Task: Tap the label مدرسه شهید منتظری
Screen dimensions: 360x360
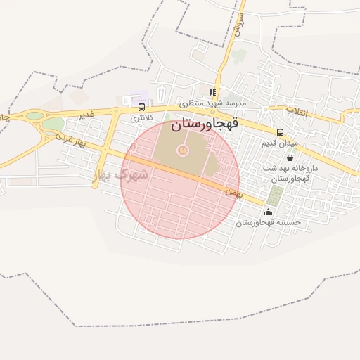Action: (212, 103)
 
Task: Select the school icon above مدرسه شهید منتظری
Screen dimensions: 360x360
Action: (212, 92)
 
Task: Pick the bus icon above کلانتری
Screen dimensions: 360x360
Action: (142, 108)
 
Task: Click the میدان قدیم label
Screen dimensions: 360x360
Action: (280, 143)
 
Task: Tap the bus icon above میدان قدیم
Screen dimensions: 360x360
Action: (280, 132)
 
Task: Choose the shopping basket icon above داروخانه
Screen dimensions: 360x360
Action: (290, 158)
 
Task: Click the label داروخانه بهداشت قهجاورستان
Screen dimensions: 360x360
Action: (290, 174)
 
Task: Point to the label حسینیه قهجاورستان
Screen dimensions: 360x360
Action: (268, 222)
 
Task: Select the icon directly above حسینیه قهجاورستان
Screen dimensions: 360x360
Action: (267, 212)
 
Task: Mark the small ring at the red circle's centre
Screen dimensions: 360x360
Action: (183, 150)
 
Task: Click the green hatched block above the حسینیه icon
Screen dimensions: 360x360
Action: (273, 195)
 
